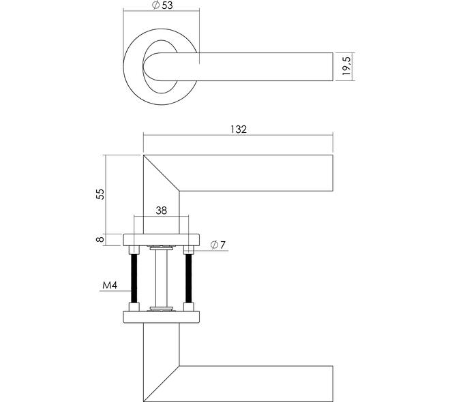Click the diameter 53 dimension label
click(x=162, y=5)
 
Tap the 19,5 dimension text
click(x=346, y=66)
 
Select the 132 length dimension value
click(x=239, y=129)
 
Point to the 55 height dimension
click(x=100, y=194)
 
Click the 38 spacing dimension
click(x=162, y=211)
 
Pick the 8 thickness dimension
click(x=100, y=239)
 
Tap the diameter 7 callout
click(x=218, y=245)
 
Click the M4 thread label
click(x=110, y=285)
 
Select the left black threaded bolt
click(x=134, y=279)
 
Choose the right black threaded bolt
click(x=189, y=279)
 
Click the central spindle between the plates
click(x=162, y=278)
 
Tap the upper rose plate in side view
click(x=162, y=240)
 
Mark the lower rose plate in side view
click(x=162, y=317)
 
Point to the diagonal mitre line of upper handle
click(x=162, y=173)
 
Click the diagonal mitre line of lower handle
click(x=162, y=384)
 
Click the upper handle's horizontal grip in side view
click(x=256, y=173)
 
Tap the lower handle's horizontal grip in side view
click(x=256, y=384)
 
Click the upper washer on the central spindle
click(x=162, y=247)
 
